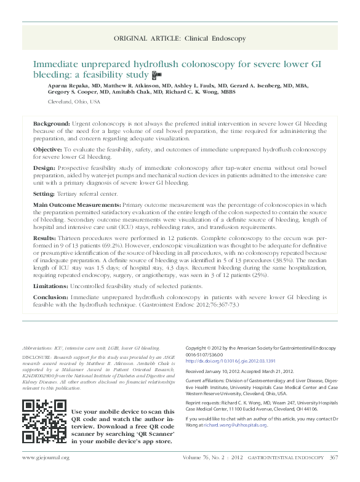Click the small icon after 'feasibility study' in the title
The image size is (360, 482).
(x=156, y=74)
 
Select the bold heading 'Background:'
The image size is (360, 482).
(x=50, y=124)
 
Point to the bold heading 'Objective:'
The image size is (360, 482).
(x=47, y=150)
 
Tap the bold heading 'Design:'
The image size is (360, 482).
(x=44, y=167)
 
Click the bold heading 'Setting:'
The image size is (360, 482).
(x=45, y=193)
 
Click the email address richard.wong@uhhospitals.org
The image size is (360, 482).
(x=236, y=425)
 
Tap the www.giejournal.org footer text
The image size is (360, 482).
(x=46, y=457)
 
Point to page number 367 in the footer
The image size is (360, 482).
(x=334, y=457)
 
